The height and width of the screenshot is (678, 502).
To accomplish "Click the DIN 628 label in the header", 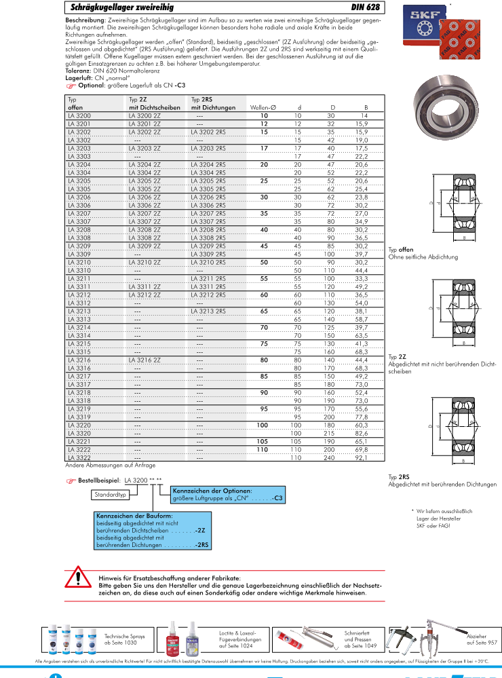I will (366, 7).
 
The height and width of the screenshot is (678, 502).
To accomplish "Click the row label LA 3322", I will (79, 458).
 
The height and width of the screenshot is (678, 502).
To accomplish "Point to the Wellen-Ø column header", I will (263, 108).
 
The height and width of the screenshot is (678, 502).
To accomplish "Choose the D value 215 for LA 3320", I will (332, 432).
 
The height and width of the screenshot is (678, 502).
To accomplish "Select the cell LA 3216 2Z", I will (144, 360).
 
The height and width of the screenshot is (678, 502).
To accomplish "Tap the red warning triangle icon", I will (77, 579).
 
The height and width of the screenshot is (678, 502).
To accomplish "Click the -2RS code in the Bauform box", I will (201, 545).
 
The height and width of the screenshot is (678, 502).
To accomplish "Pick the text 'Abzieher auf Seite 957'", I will (482, 639).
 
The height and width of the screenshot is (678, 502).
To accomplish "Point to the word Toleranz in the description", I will (79, 71).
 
